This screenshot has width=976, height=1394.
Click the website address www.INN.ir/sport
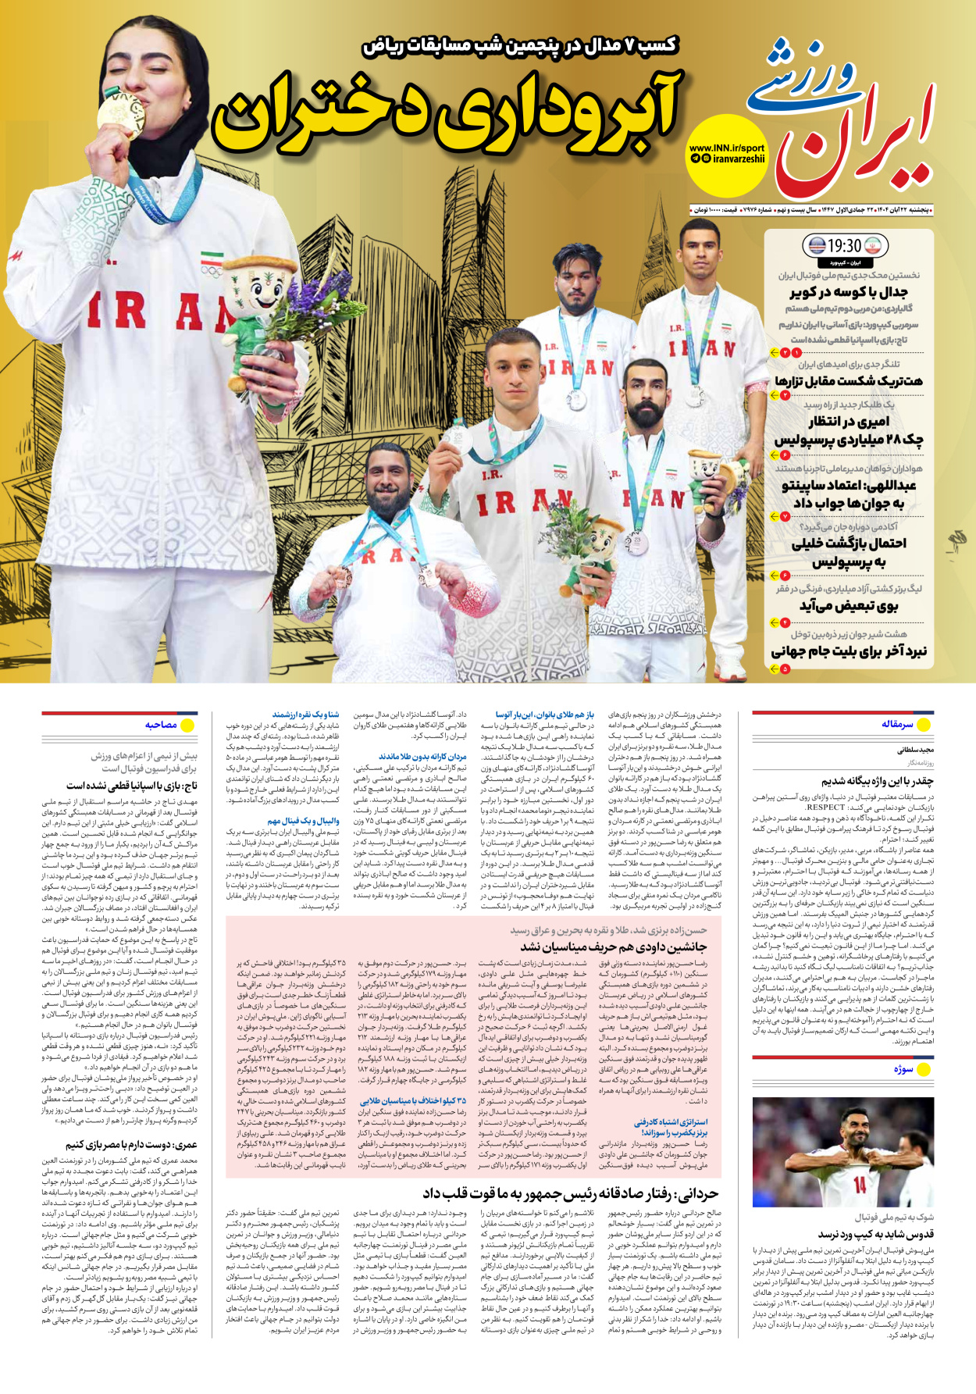pos(726,148)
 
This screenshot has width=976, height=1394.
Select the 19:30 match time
pos(844,246)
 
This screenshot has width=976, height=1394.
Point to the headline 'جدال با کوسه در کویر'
pos(848,292)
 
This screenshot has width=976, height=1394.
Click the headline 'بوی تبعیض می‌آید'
pos(848,605)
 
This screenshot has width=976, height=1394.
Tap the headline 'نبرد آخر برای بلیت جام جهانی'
pos(849,651)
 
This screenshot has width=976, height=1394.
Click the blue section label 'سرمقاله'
pos(897,724)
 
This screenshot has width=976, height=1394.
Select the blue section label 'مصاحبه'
pos(161,725)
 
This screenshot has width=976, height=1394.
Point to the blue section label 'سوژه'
pos(903,1069)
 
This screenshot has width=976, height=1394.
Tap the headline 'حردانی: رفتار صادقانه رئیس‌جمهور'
pos(570,1193)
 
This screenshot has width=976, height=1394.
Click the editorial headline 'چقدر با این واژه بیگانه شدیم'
pos(877,780)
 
